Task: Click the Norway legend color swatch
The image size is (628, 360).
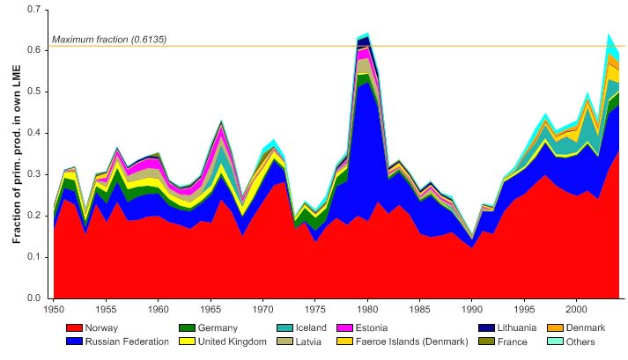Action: click(76, 328)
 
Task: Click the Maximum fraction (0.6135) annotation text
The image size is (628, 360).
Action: click(109, 40)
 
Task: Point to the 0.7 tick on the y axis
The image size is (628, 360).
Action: click(37, 9)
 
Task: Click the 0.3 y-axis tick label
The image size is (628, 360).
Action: click(37, 174)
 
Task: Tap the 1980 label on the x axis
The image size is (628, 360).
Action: click(367, 310)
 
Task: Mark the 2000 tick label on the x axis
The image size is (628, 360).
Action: click(577, 310)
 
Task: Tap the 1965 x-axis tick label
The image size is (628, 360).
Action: click(211, 310)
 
